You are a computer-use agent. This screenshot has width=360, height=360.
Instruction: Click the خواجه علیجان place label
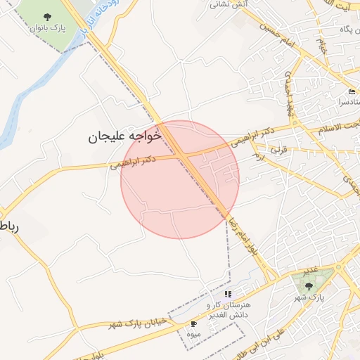pyautogui.click(x=125, y=136)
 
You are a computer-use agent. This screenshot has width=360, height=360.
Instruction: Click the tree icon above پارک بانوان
pyautogui.click(x=47, y=17)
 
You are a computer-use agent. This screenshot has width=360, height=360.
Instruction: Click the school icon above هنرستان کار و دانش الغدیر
pyautogui.click(x=228, y=294)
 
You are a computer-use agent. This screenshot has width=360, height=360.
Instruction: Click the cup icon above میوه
pyautogui.click(x=194, y=324)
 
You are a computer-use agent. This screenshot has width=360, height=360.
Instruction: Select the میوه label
pyautogui.click(x=195, y=334)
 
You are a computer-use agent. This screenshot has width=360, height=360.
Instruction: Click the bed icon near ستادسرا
pyautogui.click(x=352, y=93)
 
